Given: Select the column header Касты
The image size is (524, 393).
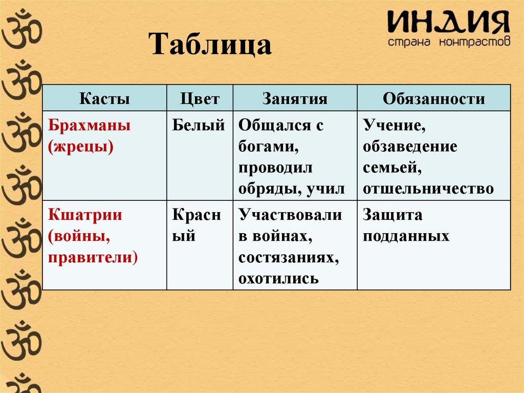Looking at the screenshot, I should tap(104, 98).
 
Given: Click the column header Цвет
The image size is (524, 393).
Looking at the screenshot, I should tap(200, 98).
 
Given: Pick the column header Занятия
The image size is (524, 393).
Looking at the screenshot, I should tap(295, 98).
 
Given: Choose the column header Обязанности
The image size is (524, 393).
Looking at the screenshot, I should tap(433, 98).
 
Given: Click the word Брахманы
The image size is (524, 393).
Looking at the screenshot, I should tap(90, 126).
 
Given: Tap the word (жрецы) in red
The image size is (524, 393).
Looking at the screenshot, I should tap(80, 147).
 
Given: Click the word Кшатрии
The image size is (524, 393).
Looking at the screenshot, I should tap(85, 215).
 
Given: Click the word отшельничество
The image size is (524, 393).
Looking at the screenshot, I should tap(428, 190).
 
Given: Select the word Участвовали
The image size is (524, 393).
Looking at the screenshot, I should tap(290, 215).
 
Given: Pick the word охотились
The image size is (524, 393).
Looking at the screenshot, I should tap(278, 279).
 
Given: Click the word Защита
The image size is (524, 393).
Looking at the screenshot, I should tap(392, 215).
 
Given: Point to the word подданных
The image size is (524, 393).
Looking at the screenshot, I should tap(406, 236).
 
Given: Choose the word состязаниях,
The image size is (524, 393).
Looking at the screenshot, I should tap(289, 257).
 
